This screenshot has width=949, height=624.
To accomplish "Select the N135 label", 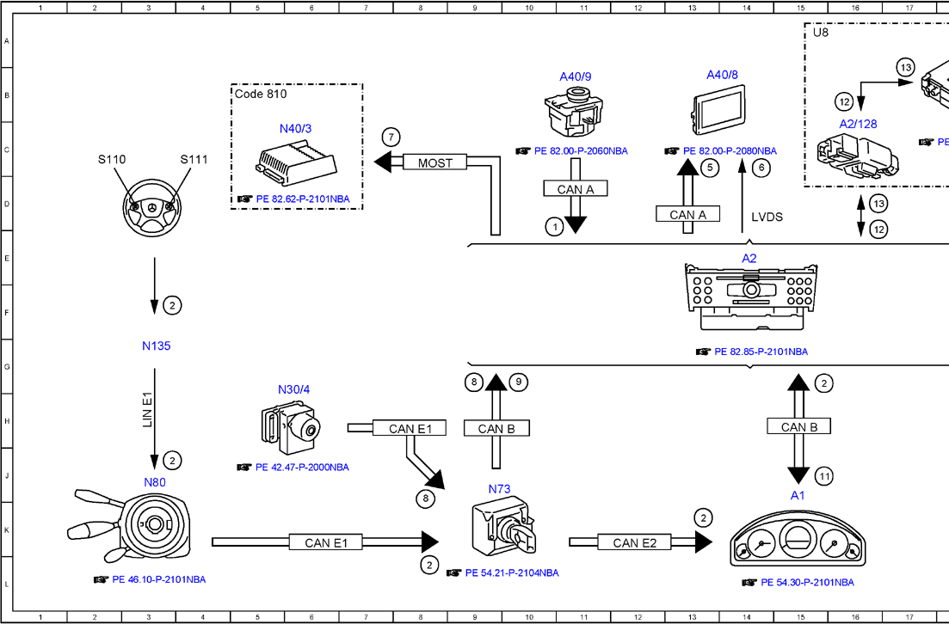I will click(x=157, y=346).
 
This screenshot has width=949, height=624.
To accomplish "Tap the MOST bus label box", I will click(x=434, y=162).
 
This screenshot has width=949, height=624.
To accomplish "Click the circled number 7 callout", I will click(x=391, y=138).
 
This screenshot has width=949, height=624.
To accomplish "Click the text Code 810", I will click(x=261, y=94).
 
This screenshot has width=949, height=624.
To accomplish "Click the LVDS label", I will click(x=767, y=217).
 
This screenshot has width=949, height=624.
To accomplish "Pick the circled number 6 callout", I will click(x=761, y=168).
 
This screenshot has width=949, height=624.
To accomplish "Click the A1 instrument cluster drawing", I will click(x=797, y=544).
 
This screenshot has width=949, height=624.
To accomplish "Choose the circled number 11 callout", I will click(x=823, y=476).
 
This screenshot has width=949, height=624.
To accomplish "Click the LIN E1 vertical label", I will click(x=147, y=411).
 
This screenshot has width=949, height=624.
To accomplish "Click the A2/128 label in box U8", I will click(x=858, y=124).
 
